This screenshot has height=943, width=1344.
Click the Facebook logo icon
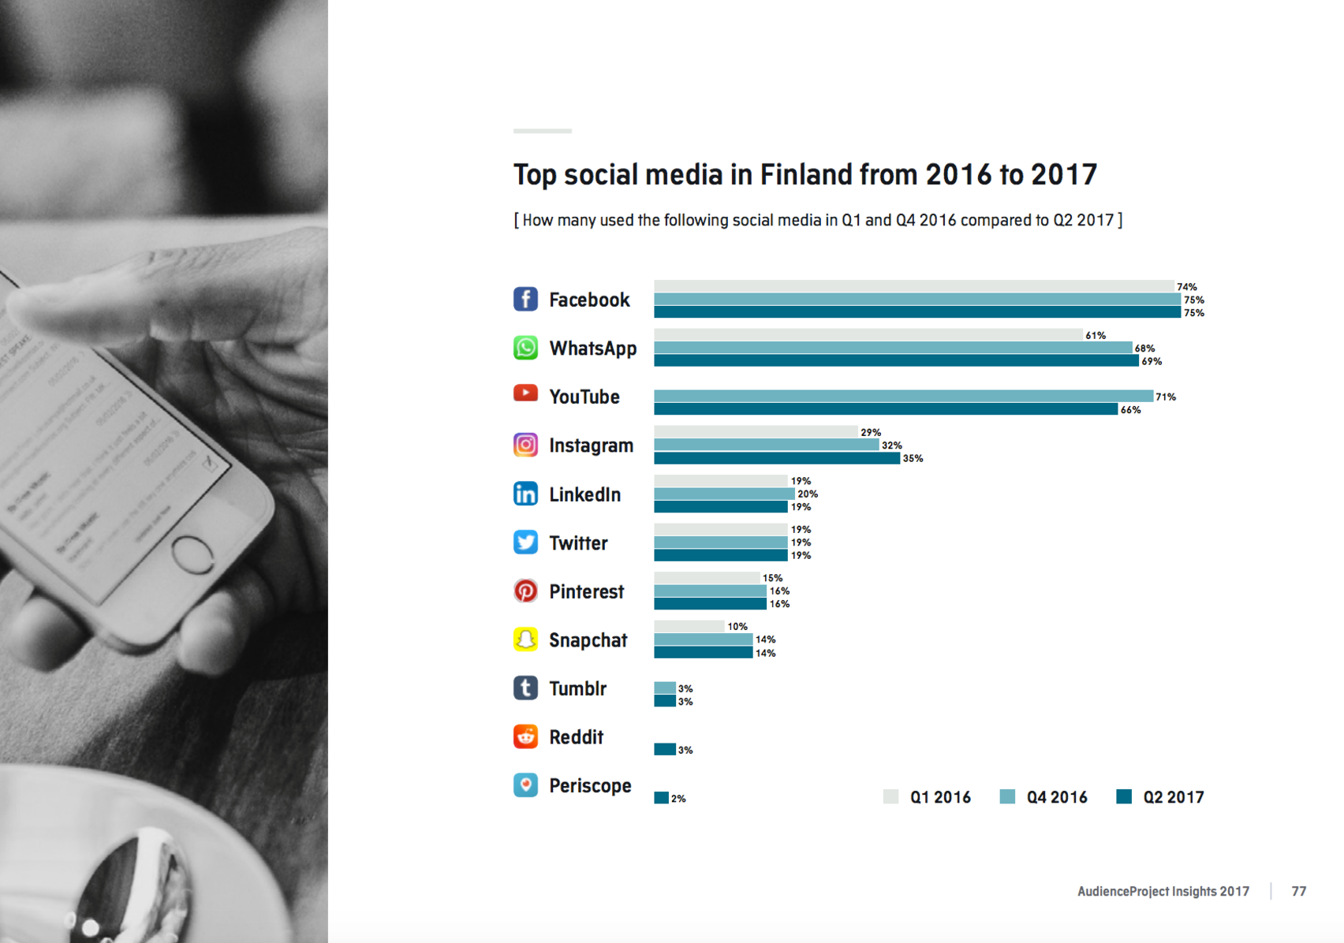(525, 300)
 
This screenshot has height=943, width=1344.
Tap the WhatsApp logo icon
(525, 348)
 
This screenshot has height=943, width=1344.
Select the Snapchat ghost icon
(525, 639)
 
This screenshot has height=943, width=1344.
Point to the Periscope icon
(525, 785)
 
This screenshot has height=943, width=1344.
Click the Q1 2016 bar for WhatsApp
(868, 335)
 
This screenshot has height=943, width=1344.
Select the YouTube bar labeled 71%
(903, 396)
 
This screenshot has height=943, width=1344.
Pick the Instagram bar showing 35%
(777, 458)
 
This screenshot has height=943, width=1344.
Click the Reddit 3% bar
(664, 749)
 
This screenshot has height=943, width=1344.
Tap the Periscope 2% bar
(661, 798)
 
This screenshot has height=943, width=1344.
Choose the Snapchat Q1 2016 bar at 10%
(689, 626)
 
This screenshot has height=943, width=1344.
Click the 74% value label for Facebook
(1186, 287)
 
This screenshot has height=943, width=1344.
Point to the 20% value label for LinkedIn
(808, 494)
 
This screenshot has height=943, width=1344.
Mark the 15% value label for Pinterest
(772, 578)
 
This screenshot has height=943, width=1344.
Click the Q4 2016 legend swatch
(1007, 796)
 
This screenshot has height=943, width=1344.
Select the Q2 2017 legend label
(1173, 797)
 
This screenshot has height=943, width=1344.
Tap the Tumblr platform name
(577, 688)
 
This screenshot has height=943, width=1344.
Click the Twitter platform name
(578, 543)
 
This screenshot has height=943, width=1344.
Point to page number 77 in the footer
(1298, 891)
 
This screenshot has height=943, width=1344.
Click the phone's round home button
(192, 554)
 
